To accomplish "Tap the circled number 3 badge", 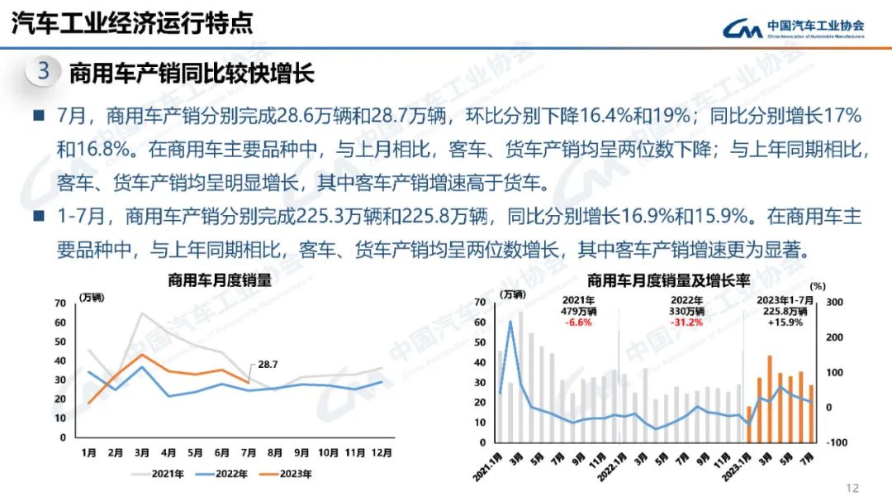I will point(43,72).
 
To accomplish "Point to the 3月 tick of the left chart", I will point(142,452).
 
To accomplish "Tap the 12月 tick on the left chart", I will point(381,452).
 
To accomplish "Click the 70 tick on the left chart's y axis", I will point(59,303).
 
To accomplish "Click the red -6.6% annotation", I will point(578,323).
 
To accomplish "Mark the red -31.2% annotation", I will point(686,323).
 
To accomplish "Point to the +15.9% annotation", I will point(785,323).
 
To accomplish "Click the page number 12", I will point(853,488).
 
